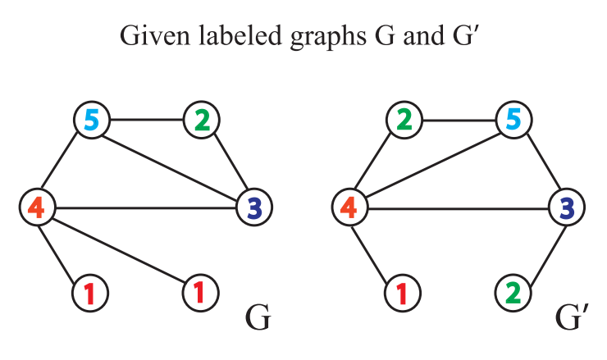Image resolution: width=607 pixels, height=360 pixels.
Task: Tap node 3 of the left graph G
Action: [x=253, y=206]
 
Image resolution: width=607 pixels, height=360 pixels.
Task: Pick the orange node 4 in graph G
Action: [x=37, y=206]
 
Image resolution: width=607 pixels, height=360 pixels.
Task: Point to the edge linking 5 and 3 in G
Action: [x=172, y=163]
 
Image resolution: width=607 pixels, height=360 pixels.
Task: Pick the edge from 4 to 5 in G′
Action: [x=431, y=163]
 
